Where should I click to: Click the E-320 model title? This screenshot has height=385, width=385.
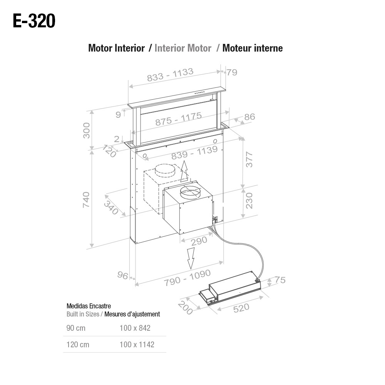coord(34,21)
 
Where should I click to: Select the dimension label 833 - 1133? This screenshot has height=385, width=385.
coord(170,75)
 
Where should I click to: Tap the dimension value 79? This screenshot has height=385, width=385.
coord(232,72)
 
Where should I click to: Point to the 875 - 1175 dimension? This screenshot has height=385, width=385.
coord(178,119)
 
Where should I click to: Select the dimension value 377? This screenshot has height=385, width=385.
coord(249,159)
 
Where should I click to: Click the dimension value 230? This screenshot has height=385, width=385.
coord(249,201)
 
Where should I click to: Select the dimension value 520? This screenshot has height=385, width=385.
coord(241,308)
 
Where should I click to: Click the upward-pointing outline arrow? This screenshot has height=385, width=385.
coord(184,171)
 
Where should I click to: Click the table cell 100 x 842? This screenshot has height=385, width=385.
coord(135,328)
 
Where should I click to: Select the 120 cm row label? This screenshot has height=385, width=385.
coord(78,345)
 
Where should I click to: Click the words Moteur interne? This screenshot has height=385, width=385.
coord(252,48)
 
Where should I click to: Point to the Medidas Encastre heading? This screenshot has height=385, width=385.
coord(89,306)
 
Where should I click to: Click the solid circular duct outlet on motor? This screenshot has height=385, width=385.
coord(191,192)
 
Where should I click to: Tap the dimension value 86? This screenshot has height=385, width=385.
coord(249,117)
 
